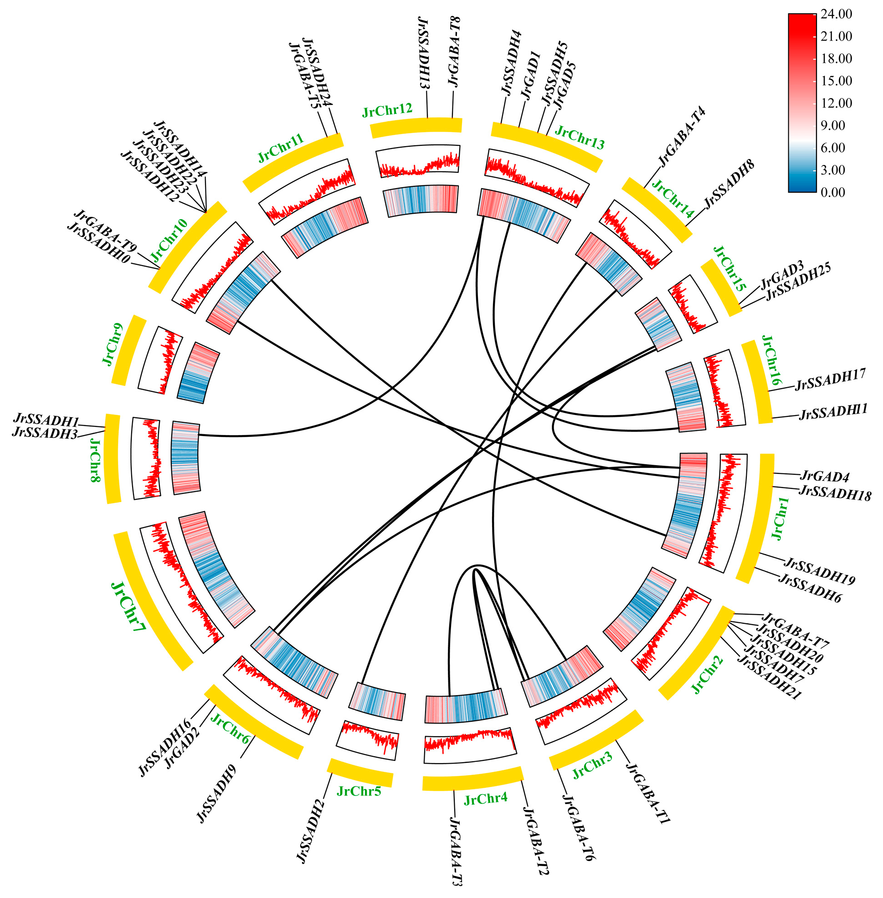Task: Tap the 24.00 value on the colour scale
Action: click(836, 15)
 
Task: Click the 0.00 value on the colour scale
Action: click(833, 192)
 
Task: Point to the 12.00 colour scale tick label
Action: click(836, 103)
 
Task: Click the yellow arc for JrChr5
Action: click(360, 773)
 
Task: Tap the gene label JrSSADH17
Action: click(830, 380)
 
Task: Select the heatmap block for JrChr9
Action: click(198, 373)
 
